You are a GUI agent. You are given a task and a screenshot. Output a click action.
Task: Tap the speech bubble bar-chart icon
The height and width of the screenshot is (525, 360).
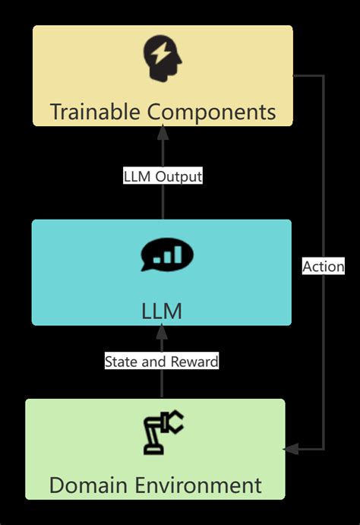[166, 256]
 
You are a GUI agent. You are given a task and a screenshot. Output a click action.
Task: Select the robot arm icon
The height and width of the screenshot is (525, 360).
[163, 432]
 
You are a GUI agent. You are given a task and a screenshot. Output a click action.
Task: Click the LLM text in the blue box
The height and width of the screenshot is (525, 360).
[162, 311]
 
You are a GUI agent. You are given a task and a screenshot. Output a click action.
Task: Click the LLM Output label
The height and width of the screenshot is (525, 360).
[163, 176]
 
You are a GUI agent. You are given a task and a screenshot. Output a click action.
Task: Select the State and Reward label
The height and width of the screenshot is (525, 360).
[162, 361]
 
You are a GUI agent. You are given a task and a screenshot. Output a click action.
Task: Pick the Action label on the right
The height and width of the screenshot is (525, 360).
[324, 266]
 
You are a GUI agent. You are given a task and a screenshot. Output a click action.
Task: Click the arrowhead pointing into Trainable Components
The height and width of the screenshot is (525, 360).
[162, 131]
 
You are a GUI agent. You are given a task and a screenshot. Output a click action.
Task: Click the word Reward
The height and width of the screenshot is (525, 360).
[194, 361]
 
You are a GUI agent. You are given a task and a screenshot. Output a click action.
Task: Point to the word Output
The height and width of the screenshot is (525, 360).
[178, 176]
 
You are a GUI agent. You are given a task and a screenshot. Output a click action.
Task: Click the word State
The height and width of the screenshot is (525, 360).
[121, 361]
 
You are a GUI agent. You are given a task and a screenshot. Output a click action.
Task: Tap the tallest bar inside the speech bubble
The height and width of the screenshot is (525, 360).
[179, 254]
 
